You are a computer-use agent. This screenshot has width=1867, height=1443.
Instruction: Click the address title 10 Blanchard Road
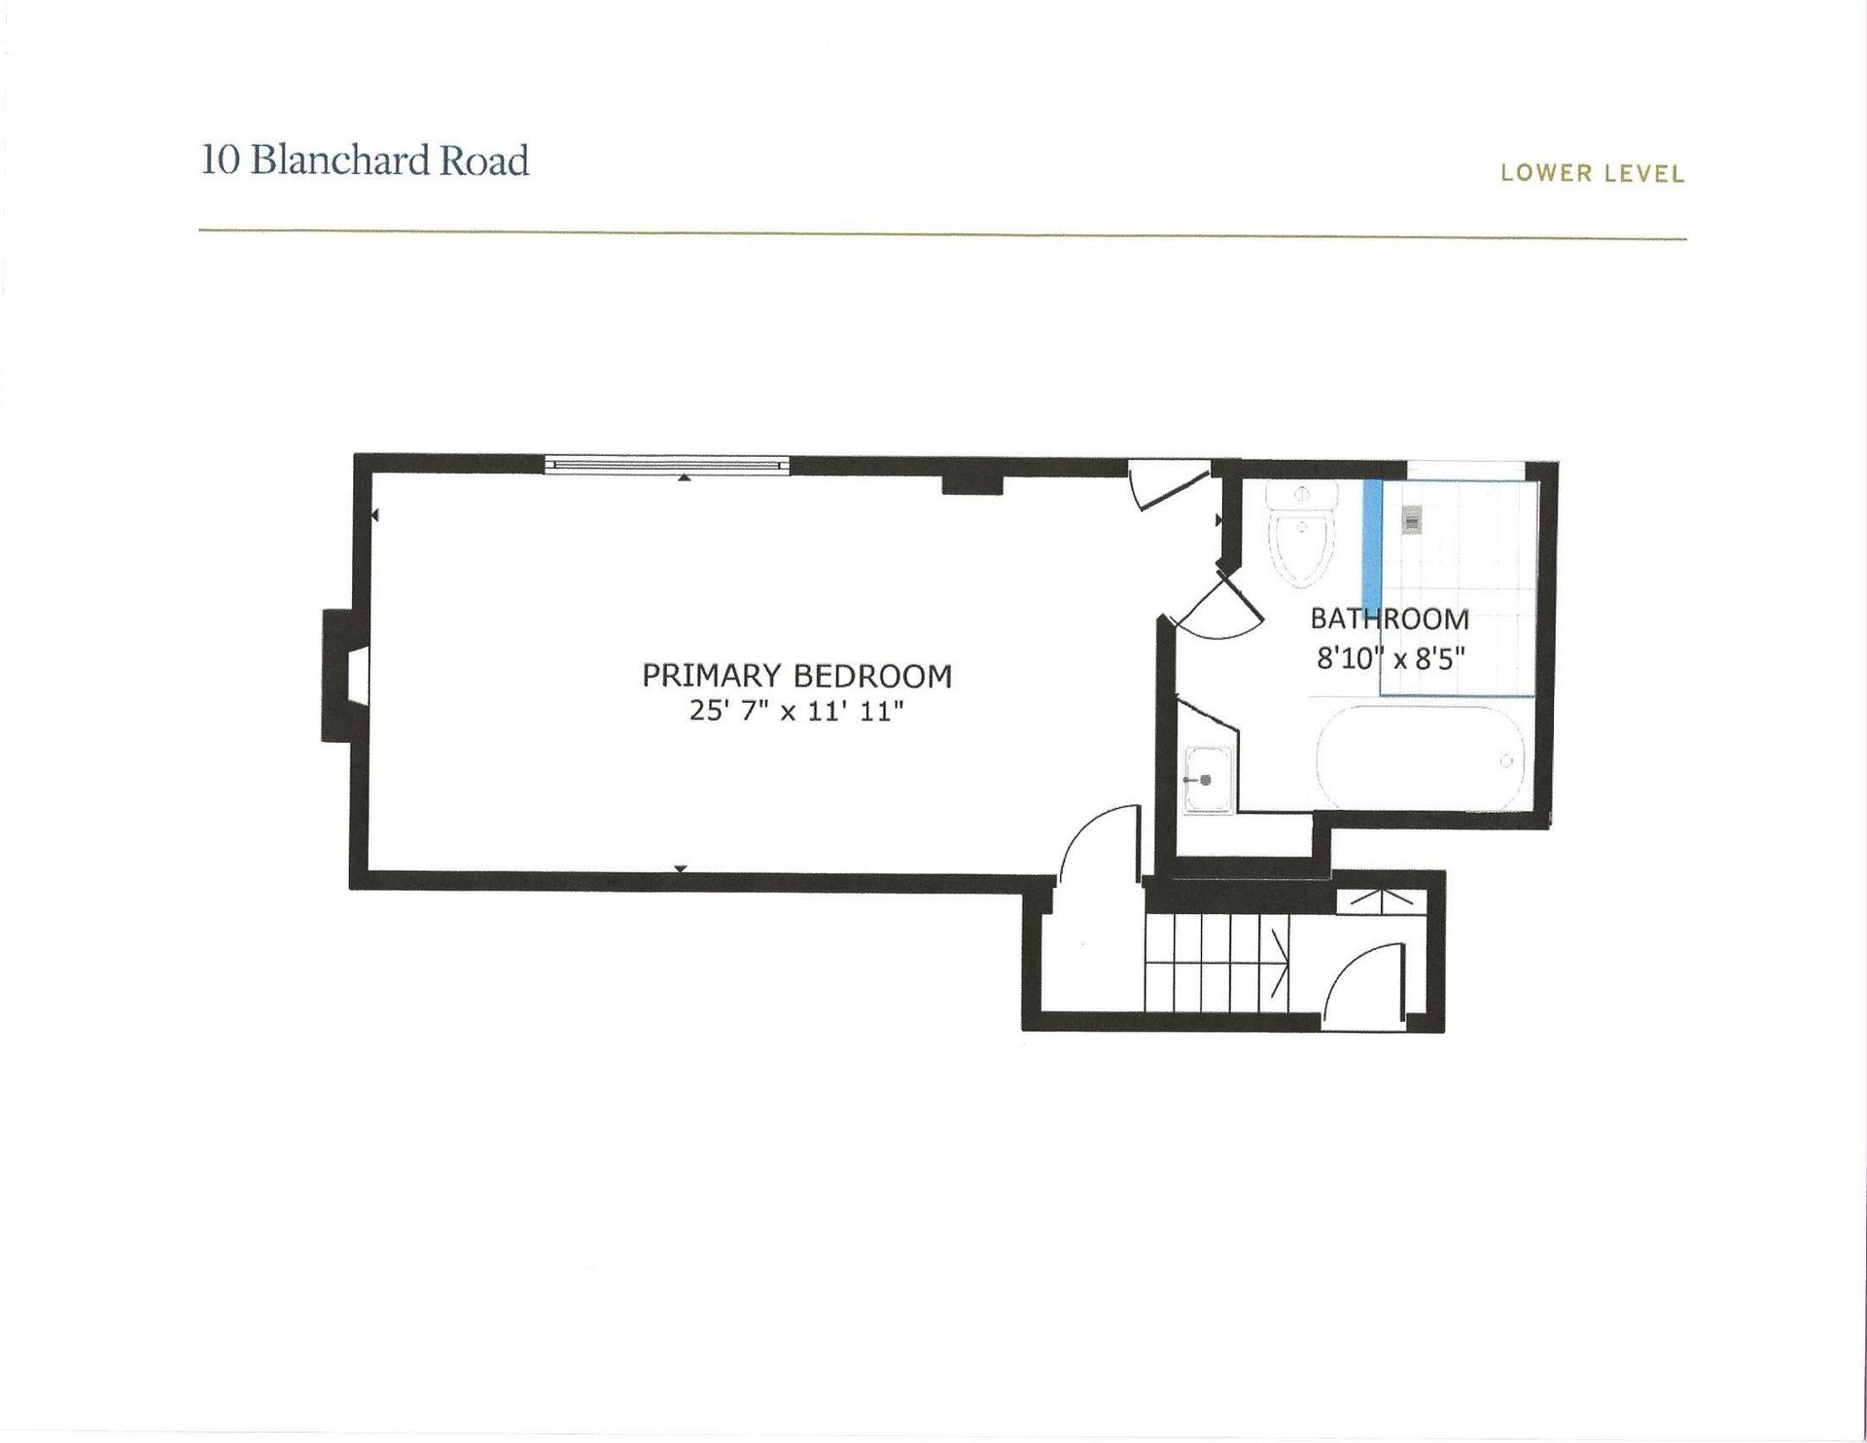pos(366,160)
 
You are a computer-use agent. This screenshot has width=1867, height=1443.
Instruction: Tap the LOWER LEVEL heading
pos(1592,174)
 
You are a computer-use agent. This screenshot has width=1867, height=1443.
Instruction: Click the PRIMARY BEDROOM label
pos(796,675)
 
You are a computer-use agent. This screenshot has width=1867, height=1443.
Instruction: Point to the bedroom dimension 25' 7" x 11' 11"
pos(796,712)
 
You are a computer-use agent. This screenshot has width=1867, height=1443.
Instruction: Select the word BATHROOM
pos(1390,618)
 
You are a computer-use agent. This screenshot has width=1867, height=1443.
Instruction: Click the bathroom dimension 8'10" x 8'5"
pos(1391,659)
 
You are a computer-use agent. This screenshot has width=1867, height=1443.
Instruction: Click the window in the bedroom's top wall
pos(666,465)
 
